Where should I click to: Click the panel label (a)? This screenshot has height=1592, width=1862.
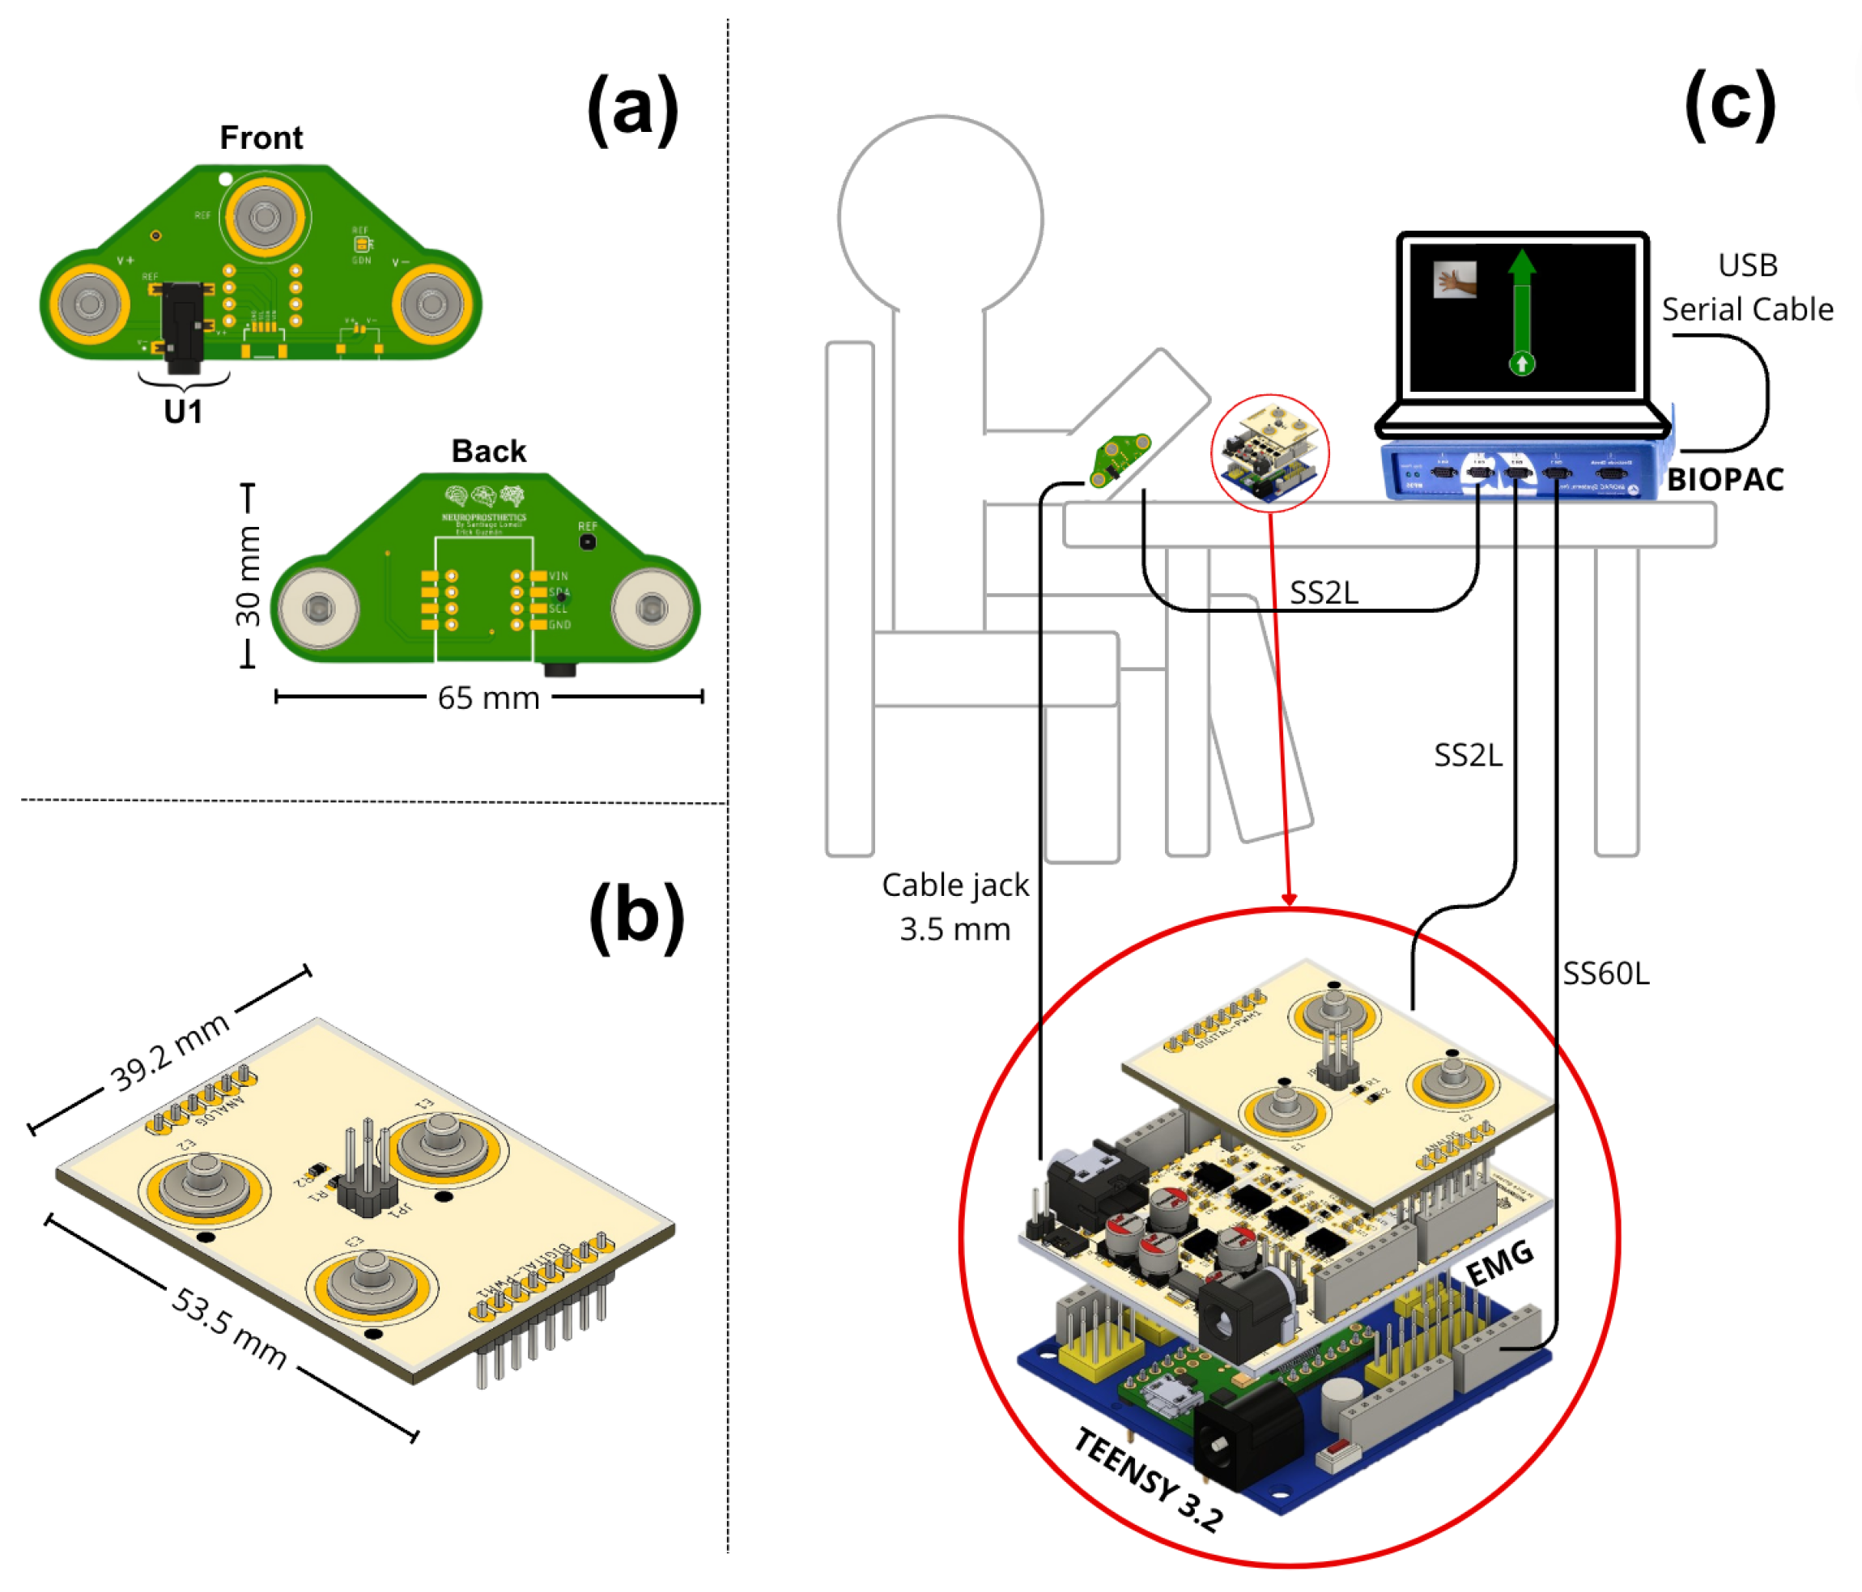click(x=632, y=111)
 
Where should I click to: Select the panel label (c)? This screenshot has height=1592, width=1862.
click(x=1729, y=105)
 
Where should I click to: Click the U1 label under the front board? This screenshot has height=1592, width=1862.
click(x=183, y=411)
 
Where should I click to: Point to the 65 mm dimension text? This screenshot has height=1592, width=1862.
click(x=488, y=698)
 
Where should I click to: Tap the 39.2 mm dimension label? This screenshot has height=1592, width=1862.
click(x=170, y=1051)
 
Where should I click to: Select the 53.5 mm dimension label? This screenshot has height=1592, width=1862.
click(x=230, y=1328)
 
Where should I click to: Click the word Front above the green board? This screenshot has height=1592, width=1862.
click(x=261, y=138)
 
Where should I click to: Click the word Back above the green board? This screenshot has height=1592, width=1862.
click(x=488, y=451)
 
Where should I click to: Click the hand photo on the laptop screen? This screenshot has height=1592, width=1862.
click(x=1455, y=280)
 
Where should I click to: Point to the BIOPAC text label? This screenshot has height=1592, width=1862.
click(x=1725, y=480)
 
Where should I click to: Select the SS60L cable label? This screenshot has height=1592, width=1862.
click(x=1606, y=973)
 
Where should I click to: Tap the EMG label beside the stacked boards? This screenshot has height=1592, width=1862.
click(x=1499, y=1263)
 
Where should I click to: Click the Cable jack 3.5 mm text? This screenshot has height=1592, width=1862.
click(x=954, y=906)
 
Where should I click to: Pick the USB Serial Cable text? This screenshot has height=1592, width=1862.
click(x=1747, y=287)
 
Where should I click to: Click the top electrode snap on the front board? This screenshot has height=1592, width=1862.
click(x=265, y=218)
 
